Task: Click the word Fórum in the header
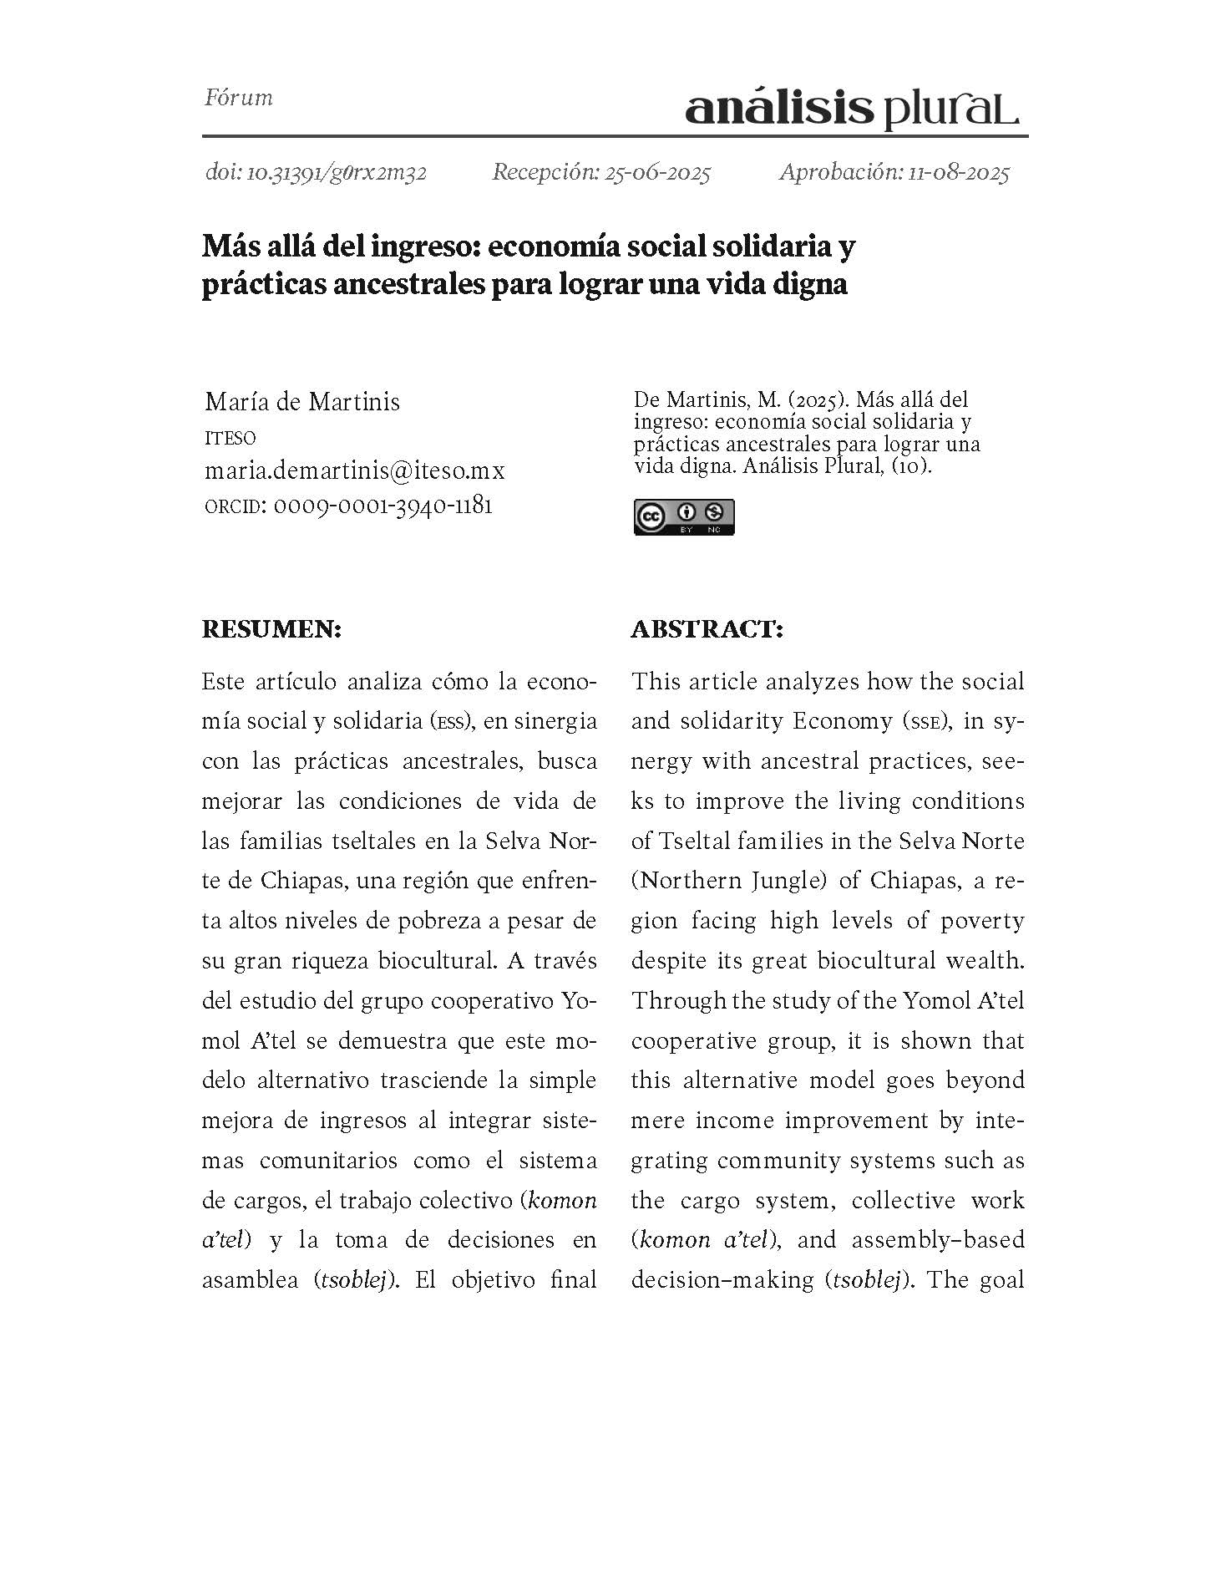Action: click(x=239, y=98)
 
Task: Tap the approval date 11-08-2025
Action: click(x=958, y=173)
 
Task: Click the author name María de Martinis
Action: click(x=302, y=402)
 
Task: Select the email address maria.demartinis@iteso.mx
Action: click(x=355, y=470)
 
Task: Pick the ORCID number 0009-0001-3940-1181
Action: click(x=383, y=506)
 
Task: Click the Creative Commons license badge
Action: click(x=683, y=516)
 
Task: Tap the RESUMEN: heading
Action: click(x=271, y=629)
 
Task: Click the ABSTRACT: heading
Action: click(x=707, y=629)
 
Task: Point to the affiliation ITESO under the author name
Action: click(x=230, y=438)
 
